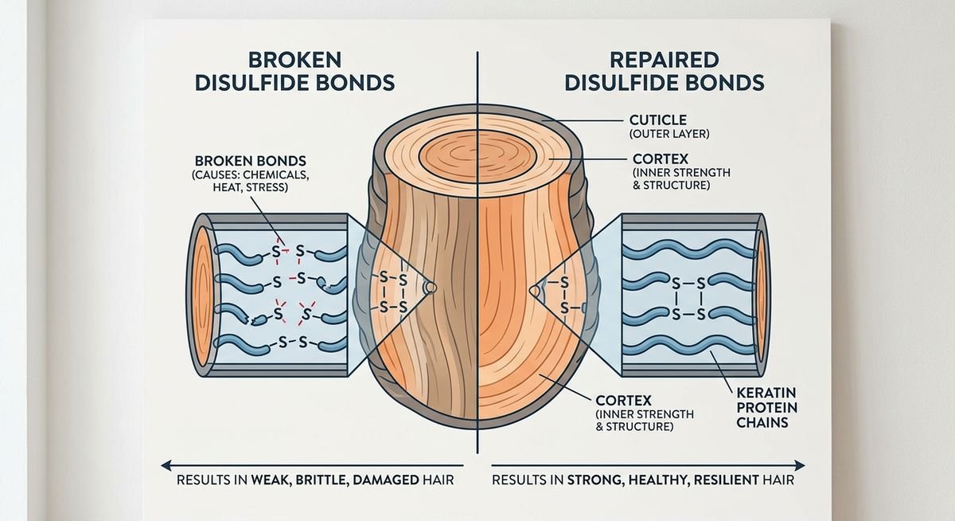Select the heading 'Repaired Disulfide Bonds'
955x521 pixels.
(665, 71)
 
